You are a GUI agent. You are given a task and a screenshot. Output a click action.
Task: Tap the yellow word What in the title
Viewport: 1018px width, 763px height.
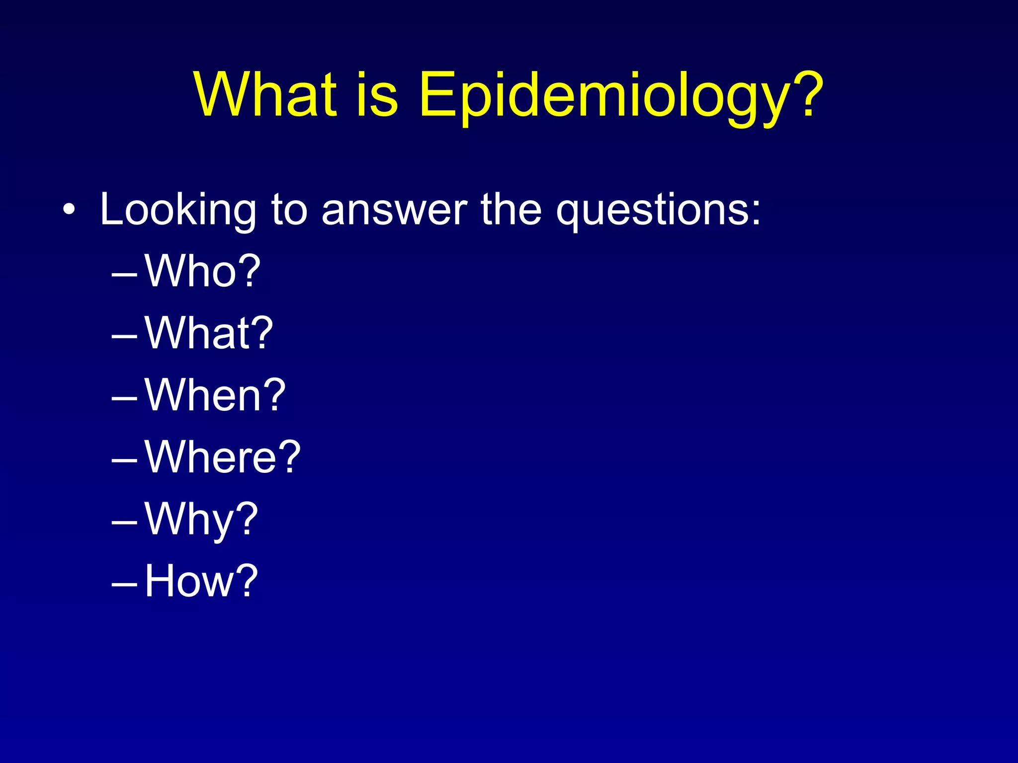click(x=266, y=94)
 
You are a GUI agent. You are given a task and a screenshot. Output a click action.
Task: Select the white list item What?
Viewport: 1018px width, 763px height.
click(x=209, y=333)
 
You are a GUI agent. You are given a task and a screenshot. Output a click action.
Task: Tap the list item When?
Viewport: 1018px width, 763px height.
click(x=215, y=395)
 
